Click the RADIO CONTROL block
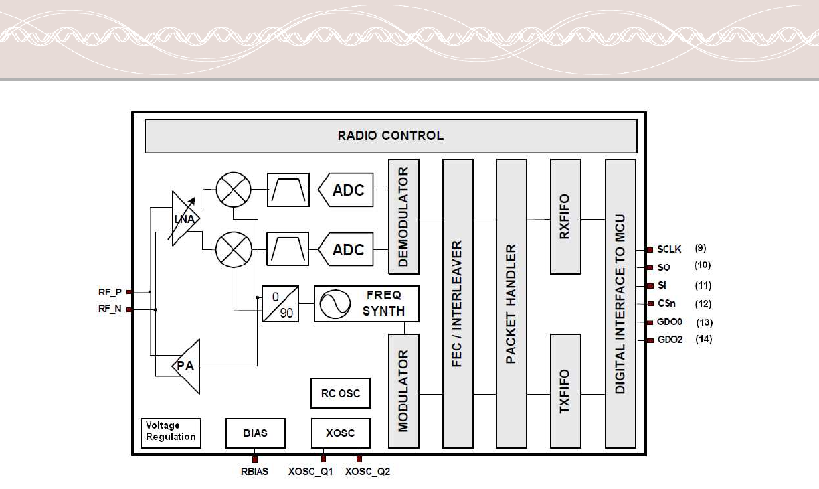[391, 136]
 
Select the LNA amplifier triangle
[182, 218]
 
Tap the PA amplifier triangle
[187, 366]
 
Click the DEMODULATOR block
[403, 216]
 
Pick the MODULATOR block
[403, 391]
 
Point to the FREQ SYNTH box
[366, 303]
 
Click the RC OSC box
[340, 393]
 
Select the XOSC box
[340, 433]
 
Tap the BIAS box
[255, 433]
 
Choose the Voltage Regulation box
[171, 431]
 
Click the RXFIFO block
[565, 216]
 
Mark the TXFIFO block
[565, 391]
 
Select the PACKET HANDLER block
[511, 303]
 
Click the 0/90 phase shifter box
[280, 303]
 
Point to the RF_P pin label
[110, 292]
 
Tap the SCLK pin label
[669, 249]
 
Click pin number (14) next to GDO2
[703, 340]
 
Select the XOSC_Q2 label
[367, 472]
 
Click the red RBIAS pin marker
[255, 460]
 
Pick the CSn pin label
[666, 304]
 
